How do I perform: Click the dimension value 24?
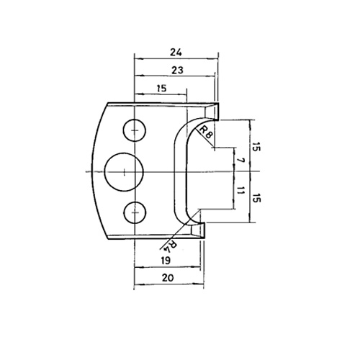pyautogui.click(x=176, y=52)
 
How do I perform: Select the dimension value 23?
pyautogui.click(x=177, y=70)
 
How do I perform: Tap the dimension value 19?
pyautogui.click(x=166, y=261)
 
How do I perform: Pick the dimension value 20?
pyautogui.click(x=168, y=278)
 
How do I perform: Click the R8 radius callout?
pyautogui.click(x=206, y=132)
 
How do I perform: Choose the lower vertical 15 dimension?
pyautogui.click(x=256, y=197)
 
